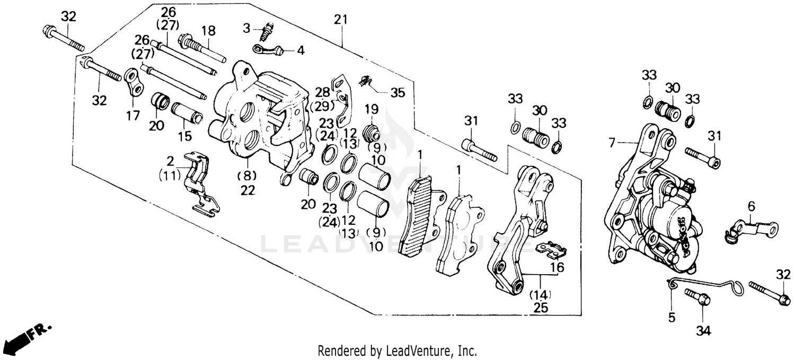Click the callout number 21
point(341,20)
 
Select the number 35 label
point(397,93)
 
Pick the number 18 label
point(208,31)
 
